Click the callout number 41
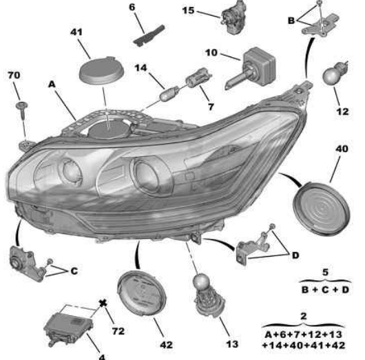[76, 32]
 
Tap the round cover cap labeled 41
[101, 70]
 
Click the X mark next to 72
[103, 304]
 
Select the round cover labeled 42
[142, 293]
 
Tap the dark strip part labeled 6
[149, 35]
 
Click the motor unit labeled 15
[233, 17]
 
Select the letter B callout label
[291, 21]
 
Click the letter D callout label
[295, 255]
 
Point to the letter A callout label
[52, 84]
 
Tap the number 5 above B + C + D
[325, 272]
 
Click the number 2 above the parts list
[304, 316]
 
